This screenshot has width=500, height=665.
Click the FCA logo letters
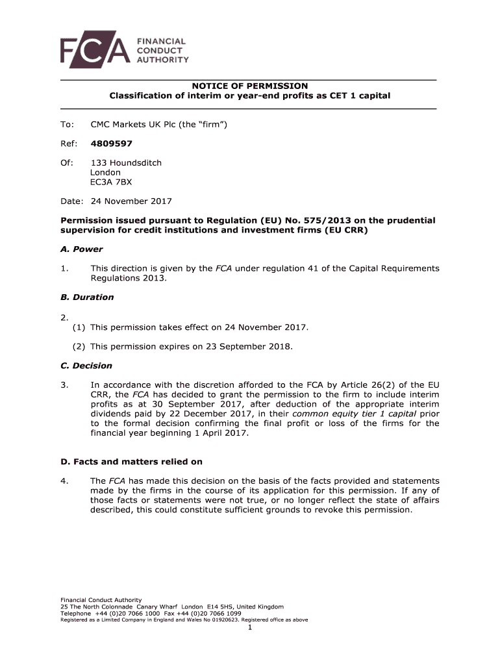point(95,50)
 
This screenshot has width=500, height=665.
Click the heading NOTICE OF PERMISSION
point(249,86)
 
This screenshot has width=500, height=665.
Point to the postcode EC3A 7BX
point(110,182)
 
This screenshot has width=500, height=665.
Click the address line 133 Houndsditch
point(126,162)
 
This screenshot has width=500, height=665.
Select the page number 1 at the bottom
point(249,627)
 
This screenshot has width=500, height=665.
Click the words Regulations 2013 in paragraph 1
point(128,278)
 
